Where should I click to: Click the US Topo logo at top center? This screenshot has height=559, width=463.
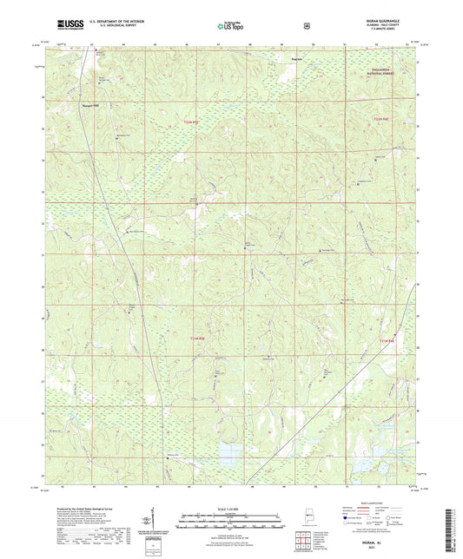pos(230,27)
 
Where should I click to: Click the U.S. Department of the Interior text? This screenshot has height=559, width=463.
pos(108,23)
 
